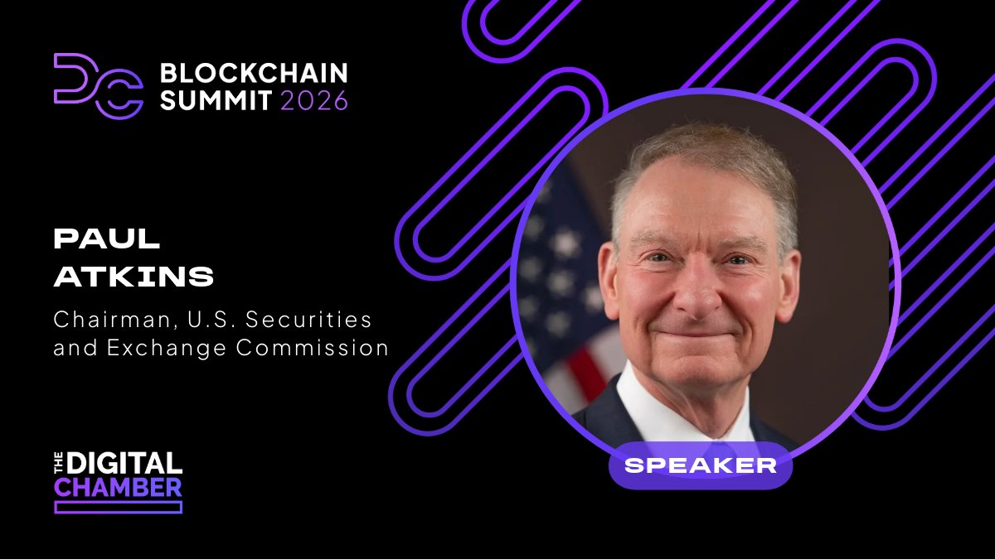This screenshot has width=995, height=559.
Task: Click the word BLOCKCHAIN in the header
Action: coord(254,73)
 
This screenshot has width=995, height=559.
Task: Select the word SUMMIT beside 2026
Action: coord(216,100)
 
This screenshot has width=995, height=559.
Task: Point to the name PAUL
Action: coord(107,239)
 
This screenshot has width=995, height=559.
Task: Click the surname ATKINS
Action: coord(133,277)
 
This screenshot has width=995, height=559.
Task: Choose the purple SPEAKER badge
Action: coord(701,465)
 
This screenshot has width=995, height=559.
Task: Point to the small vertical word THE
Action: coord(59,462)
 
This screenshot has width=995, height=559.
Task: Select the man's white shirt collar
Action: coord(655,406)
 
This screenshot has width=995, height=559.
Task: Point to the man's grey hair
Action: coord(705,153)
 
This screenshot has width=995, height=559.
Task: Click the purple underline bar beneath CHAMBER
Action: coord(118,507)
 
